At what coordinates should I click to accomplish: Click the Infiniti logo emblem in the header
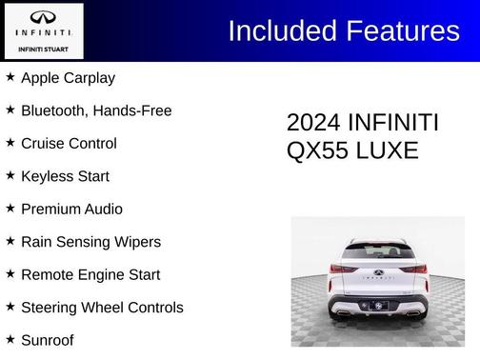coord(43,17)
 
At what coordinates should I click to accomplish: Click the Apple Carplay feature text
coord(68,78)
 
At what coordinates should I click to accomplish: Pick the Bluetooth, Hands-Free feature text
coord(96,110)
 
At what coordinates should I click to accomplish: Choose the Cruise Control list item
coord(69,144)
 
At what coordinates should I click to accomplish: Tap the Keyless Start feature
coord(65,176)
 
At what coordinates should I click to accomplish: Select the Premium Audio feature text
coord(71,209)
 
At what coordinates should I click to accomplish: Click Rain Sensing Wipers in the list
coord(90,242)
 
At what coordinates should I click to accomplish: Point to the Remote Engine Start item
coord(90,274)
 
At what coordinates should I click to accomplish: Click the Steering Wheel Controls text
coord(102,308)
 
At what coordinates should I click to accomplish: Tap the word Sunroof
coord(47,340)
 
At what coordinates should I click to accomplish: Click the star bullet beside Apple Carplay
coord(10,77)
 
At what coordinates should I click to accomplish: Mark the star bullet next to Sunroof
coord(10,339)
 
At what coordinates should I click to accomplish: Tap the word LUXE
coord(388,150)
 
